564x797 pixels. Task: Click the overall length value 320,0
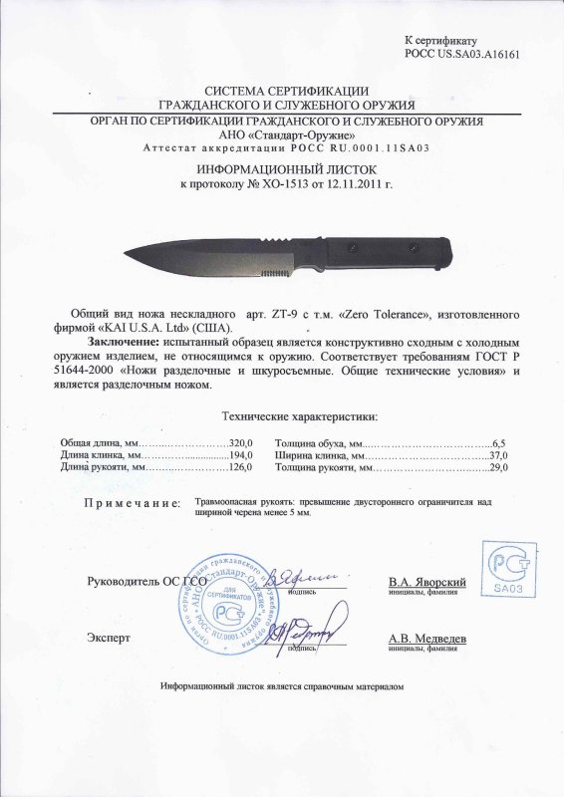point(242,439)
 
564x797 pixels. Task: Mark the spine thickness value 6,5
point(500,439)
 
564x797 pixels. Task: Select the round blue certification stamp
point(233,597)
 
